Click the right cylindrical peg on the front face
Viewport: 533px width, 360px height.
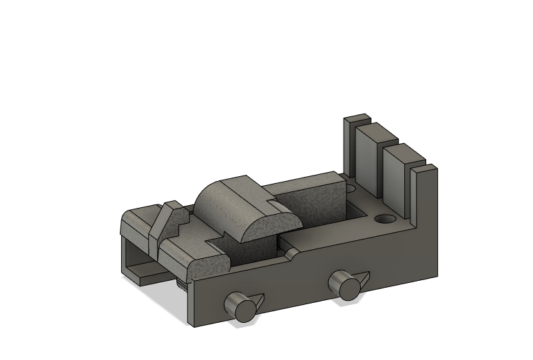(x=344, y=285)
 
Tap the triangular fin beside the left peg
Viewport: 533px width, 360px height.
(x=257, y=300)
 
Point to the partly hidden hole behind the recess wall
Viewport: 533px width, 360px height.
(x=351, y=187)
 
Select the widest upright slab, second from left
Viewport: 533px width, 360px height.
(x=370, y=161)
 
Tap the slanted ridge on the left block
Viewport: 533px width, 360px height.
(x=160, y=220)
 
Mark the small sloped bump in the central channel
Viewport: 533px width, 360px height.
(x=293, y=254)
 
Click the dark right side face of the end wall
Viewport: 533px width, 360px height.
(x=428, y=227)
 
